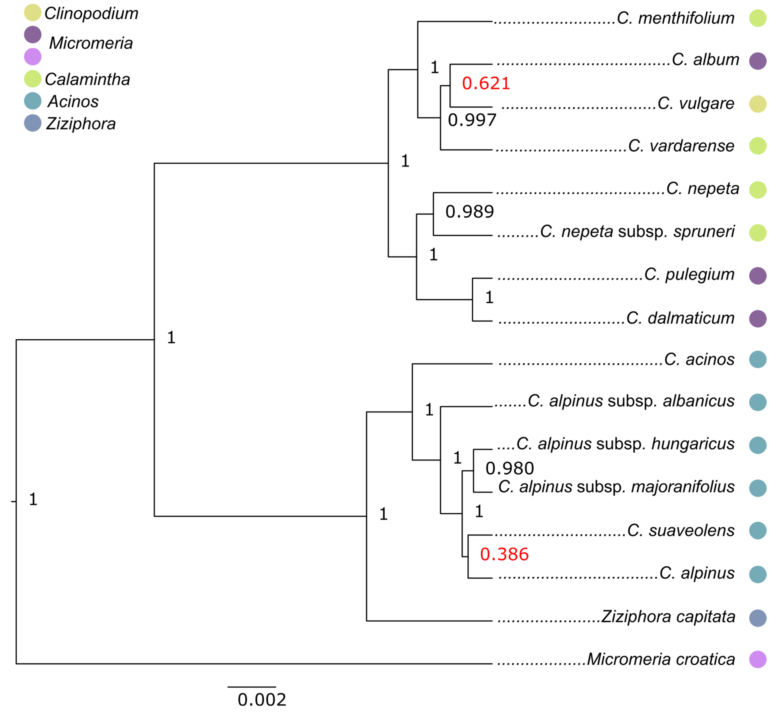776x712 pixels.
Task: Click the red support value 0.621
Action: [486, 84]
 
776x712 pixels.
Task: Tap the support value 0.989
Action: [469, 212]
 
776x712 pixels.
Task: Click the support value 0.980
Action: [510, 468]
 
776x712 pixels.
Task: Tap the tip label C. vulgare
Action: [696, 104]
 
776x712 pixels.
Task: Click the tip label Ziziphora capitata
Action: [668, 617]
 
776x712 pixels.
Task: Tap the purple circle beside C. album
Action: [757, 61]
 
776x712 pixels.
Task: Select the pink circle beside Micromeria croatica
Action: [757, 660]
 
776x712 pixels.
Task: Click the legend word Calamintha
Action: [87, 79]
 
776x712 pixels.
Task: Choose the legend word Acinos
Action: [73, 102]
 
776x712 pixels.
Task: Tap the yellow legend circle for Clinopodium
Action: [33, 13]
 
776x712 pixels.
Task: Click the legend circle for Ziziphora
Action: [33, 123]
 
